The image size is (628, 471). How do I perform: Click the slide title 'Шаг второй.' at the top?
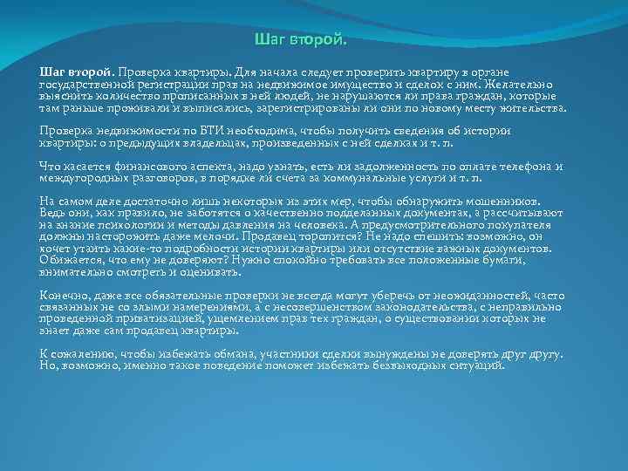300,40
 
